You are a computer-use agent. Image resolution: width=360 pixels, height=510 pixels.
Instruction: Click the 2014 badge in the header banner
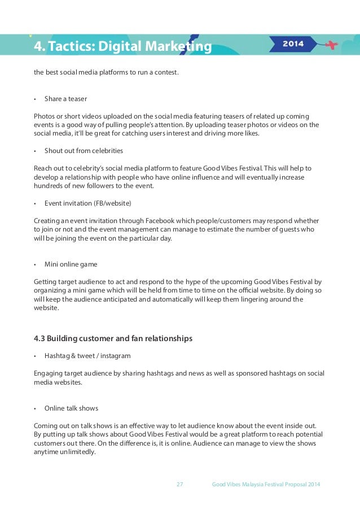[x=292, y=43]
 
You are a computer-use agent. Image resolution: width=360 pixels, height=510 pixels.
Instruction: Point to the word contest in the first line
[x=165, y=72]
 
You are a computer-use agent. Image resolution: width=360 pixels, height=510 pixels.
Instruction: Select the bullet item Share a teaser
[x=65, y=99]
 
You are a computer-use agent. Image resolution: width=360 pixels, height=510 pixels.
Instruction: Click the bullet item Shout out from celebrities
[x=84, y=151]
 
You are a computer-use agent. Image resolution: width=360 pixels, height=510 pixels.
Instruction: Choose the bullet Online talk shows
[x=71, y=408]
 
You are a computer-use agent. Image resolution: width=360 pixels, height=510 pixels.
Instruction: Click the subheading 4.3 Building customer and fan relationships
[x=113, y=339]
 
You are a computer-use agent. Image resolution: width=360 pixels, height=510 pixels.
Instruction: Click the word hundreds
[x=48, y=186]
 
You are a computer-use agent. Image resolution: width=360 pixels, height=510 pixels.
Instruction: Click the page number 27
[x=180, y=485]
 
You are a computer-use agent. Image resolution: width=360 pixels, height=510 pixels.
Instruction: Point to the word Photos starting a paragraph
[x=44, y=116]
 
